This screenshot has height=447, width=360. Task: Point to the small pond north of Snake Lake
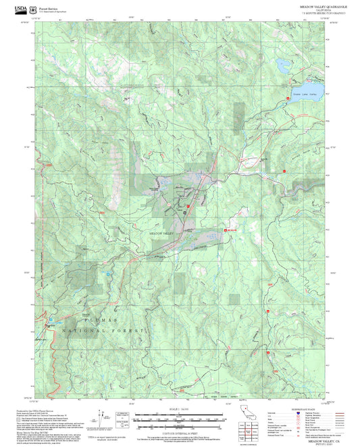click(280, 65)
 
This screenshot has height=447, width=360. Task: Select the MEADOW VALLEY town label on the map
click(161, 232)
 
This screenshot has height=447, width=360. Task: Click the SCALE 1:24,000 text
click(179, 411)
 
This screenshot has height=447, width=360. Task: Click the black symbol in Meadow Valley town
click(184, 211)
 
